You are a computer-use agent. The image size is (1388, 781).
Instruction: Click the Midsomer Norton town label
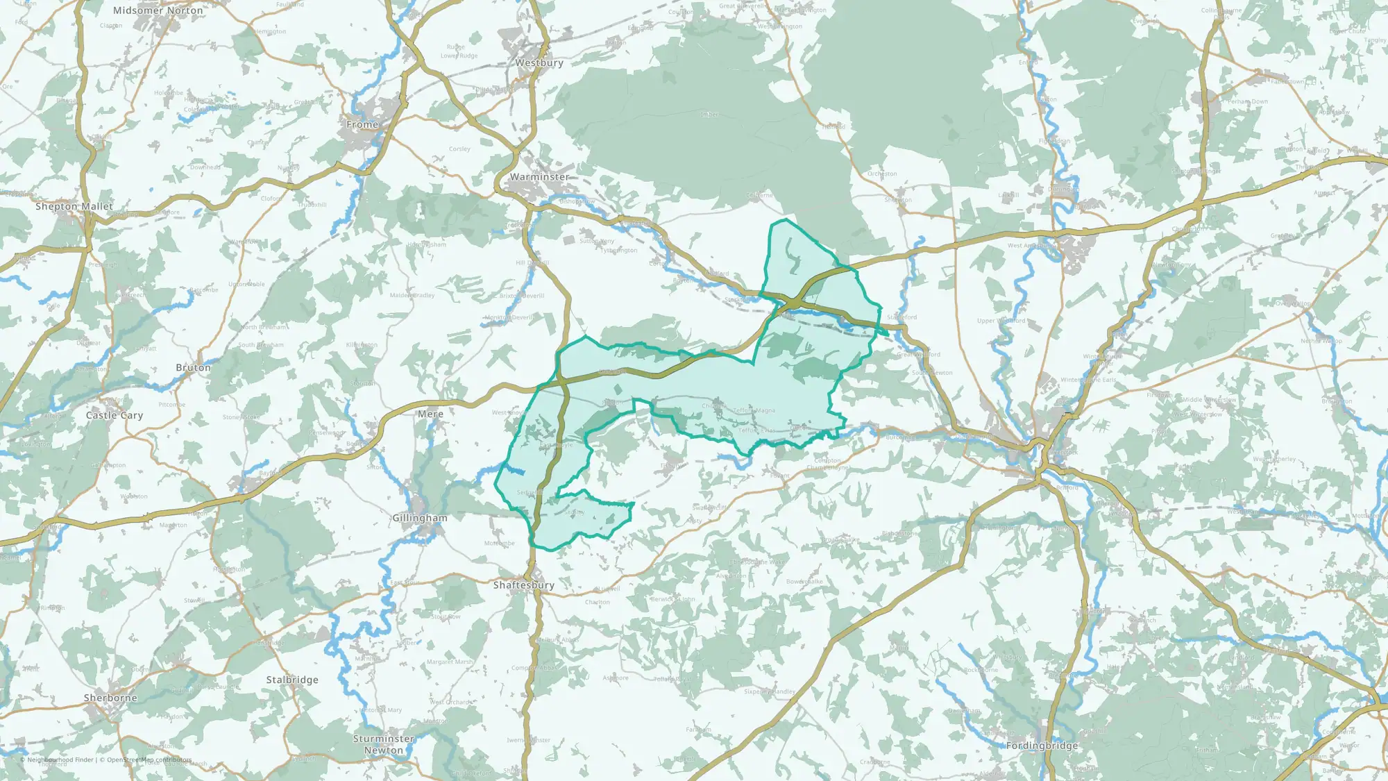[158, 11]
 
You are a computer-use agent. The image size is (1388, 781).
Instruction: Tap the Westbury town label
[539, 63]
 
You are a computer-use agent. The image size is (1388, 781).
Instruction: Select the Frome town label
[362, 125]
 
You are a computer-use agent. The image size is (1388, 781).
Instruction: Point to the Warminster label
[539, 177]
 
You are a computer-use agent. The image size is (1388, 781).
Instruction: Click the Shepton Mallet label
[74, 207]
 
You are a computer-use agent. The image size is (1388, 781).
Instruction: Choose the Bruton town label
[193, 368]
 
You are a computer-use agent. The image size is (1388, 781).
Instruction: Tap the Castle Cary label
[115, 416]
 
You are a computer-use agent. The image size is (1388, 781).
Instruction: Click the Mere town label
[430, 414]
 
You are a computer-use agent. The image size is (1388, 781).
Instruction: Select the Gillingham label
[420, 519]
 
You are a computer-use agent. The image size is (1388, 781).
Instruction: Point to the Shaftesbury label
[524, 586]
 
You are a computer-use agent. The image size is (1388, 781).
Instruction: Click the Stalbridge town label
[292, 680]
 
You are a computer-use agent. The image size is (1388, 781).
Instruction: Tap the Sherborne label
[110, 698]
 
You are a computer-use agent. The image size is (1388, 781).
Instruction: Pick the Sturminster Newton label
[384, 745]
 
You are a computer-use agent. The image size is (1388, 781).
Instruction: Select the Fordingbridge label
[1042, 746]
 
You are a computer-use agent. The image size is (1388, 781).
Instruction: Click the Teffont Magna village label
[754, 411]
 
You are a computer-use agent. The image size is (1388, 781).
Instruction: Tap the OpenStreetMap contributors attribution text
[149, 760]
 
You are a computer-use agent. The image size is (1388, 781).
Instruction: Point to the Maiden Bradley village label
[412, 296]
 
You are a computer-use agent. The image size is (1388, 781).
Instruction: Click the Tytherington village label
[619, 251]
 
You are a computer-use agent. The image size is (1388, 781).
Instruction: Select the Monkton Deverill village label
[509, 318]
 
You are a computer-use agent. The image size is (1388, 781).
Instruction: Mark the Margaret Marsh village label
[450, 662]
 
